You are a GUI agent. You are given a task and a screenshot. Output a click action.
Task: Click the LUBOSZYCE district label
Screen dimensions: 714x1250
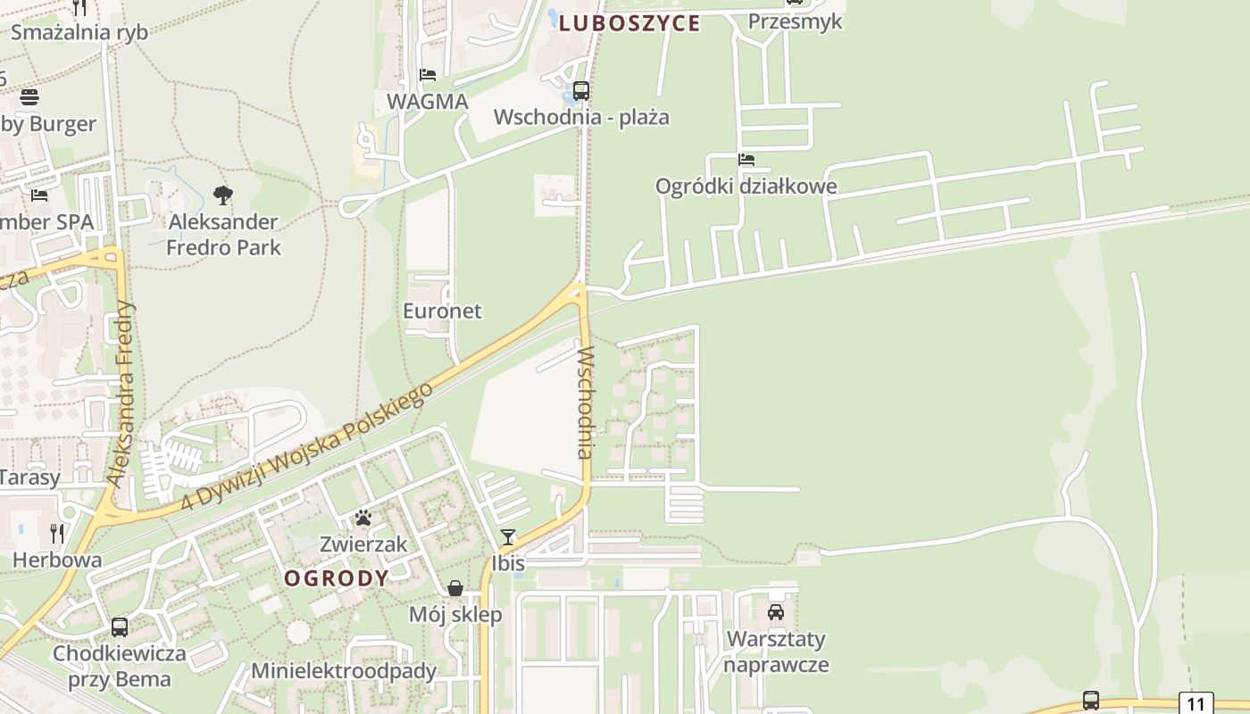(629, 24)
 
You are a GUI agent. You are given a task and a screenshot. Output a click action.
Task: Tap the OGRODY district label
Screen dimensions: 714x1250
(337, 578)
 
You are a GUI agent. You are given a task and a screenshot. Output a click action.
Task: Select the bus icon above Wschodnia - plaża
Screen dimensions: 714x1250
(581, 91)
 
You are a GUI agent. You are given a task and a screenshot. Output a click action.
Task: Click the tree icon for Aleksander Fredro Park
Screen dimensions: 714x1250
(223, 195)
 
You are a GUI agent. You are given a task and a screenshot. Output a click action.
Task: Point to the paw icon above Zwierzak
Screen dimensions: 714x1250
(362, 518)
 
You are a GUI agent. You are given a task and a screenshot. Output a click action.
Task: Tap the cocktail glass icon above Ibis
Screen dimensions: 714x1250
(508, 536)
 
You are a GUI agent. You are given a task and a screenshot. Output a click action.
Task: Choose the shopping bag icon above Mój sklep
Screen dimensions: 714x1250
(455, 588)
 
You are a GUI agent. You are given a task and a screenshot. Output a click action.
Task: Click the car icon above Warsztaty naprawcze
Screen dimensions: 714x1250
(776, 612)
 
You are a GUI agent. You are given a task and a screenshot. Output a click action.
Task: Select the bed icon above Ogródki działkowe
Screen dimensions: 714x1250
(746, 160)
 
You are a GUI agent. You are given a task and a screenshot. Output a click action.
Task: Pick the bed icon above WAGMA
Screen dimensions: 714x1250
(428, 75)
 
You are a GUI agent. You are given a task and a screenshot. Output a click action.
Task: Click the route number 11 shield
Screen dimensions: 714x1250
(1196, 703)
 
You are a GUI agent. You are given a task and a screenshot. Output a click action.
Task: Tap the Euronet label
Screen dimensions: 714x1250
(442, 311)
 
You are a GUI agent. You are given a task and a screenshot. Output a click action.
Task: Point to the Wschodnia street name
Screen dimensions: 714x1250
(585, 403)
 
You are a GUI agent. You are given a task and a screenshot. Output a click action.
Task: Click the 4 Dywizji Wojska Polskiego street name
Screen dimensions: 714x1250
(307, 446)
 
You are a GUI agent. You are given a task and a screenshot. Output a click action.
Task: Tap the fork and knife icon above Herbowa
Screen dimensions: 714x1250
(57, 534)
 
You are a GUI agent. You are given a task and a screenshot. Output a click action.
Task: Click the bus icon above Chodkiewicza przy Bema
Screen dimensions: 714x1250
(120, 627)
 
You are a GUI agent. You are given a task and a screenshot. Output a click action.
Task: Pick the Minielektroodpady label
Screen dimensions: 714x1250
(344, 671)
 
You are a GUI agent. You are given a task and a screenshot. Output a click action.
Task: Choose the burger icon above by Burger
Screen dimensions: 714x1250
(29, 97)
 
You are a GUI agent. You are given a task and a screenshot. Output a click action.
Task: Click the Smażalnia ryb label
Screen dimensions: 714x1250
(79, 32)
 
